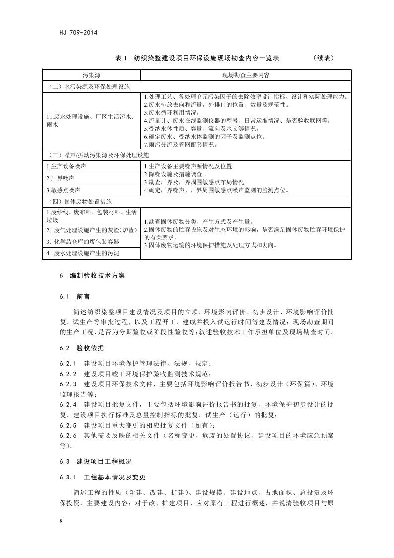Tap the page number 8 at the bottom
point(61,521)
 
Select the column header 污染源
point(91,75)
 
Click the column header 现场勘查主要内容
point(246,75)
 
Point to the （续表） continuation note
point(324,58)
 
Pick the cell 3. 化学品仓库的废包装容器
point(83,242)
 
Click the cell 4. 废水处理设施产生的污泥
point(83,253)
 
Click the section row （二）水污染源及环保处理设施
point(88,86)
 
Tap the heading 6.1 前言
point(74,296)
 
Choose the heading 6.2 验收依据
point(81,347)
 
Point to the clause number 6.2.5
point(68,425)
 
